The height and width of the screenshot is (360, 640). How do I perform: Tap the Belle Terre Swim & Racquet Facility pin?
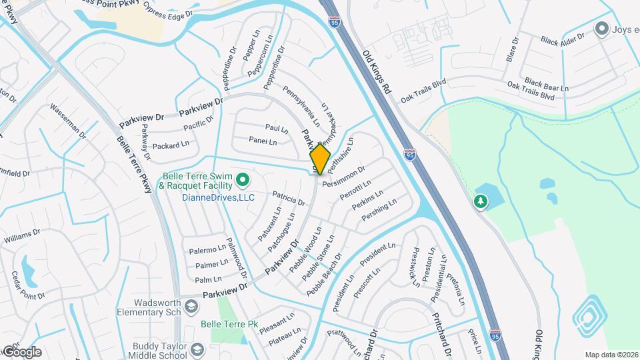tap(243, 179)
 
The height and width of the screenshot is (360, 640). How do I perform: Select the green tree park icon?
tap(480, 201)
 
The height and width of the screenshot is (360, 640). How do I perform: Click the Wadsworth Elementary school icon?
tap(191, 306)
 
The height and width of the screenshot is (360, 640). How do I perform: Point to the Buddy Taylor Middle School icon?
tap(198, 349)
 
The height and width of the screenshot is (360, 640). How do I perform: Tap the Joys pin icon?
tap(601, 29)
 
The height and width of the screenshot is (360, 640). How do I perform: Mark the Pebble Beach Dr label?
tap(324, 275)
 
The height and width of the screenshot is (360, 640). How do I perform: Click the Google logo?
tap(23, 351)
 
